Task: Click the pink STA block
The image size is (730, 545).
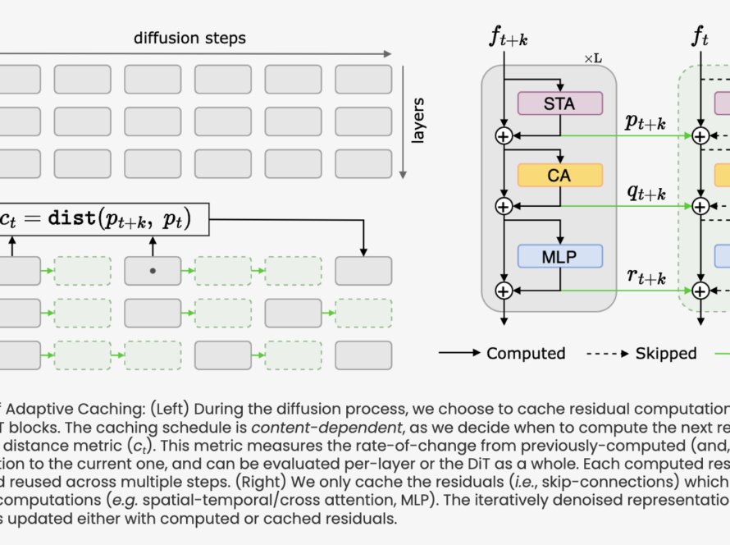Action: tap(560, 103)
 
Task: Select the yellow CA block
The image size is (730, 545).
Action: tap(560, 175)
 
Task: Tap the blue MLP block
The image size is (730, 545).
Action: tap(560, 256)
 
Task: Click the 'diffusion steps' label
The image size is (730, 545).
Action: tap(190, 38)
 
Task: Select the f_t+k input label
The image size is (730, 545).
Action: tap(509, 38)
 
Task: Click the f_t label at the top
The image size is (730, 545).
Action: tap(700, 36)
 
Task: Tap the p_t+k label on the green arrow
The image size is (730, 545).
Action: tap(645, 123)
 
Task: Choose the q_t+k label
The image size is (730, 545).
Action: tap(645, 193)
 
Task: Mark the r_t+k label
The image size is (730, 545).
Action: tap(645, 276)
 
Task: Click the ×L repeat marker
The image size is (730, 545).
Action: tap(594, 59)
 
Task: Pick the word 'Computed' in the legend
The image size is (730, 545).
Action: tap(526, 354)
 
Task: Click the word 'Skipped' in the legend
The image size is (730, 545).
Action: tap(665, 354)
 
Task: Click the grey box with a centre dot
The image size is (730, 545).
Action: tap(153, 270)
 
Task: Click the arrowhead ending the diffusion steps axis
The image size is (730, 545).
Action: tap(387, 54)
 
